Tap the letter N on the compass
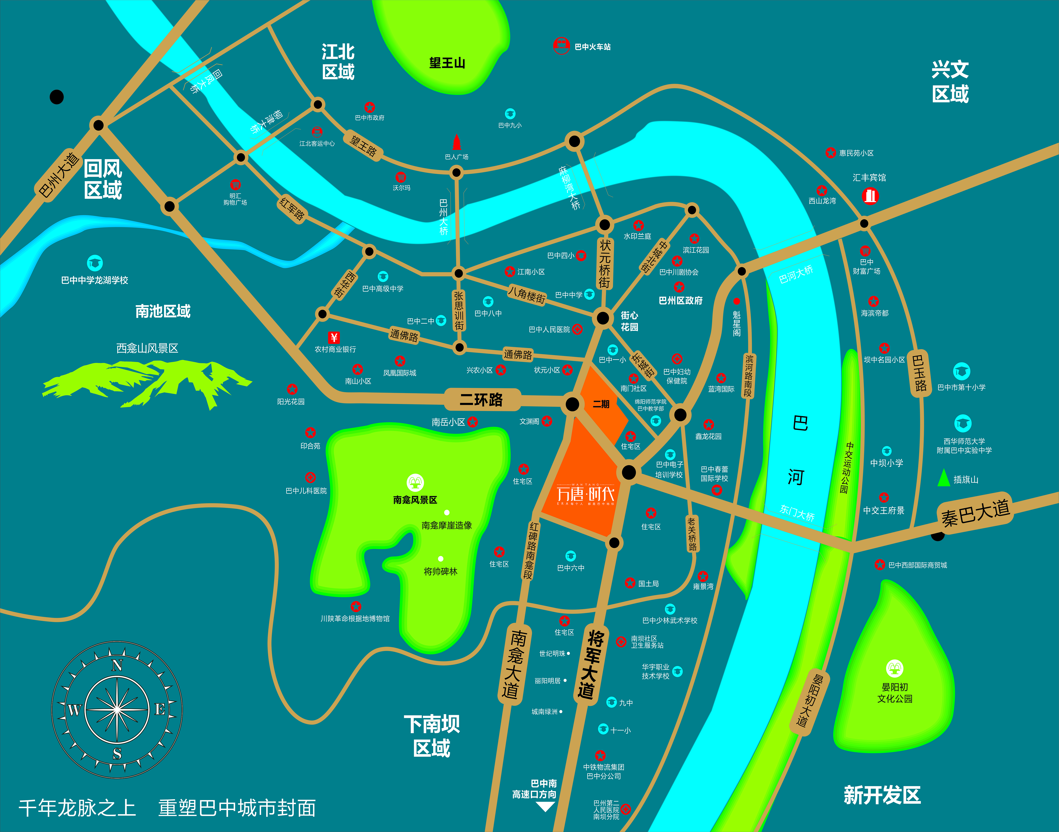pos(117,665)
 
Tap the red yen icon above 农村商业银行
pos(334,337)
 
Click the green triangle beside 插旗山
pos(944,478)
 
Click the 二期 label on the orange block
pos(601,404)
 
